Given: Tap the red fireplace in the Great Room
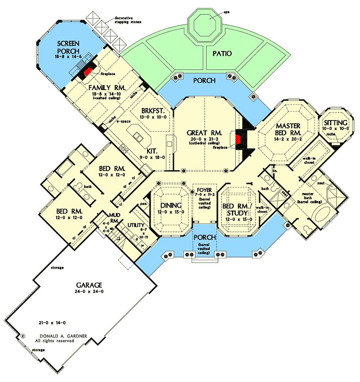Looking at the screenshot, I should point(238,139).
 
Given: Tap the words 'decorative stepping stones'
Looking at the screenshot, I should point(128,20).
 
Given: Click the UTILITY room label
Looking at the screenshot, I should point(136,226).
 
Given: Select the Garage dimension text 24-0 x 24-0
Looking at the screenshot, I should point(90,292).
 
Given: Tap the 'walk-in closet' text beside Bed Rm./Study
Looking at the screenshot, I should point(262,209).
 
